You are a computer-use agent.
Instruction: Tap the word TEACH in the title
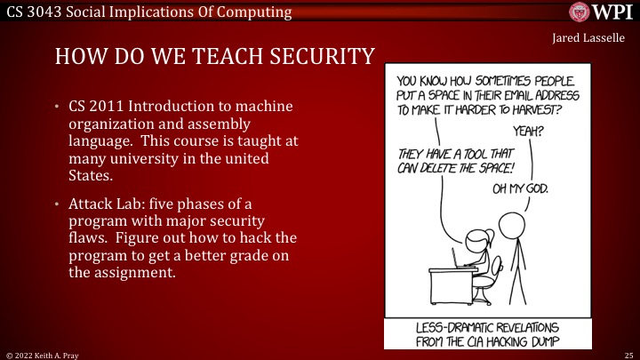188,57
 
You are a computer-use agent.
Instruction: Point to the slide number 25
627,353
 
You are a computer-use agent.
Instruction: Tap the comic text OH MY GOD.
520,188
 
